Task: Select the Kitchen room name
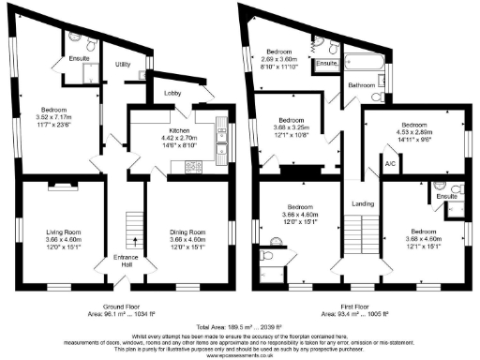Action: click(x=180, y=130)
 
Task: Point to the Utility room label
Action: click(x=123, y=65)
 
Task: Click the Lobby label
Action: click(x=172, y=94)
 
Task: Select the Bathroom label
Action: click(x=362, y=85)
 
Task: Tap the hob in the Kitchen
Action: click(x=197, y=167)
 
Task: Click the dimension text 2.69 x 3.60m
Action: click(x=279, y=58)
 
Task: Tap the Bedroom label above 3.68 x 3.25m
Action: click(x=291, y=120)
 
